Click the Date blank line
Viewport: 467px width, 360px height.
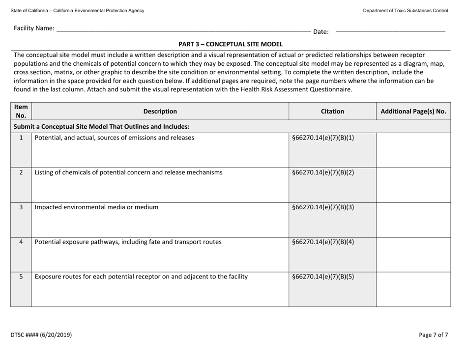coord(390,30)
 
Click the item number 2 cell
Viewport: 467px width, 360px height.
coord(21,172)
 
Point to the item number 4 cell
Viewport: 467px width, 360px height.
coord(21,241)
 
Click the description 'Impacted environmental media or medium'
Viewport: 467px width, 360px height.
coord(96,207)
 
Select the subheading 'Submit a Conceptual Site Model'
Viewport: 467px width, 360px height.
coord(112,126)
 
